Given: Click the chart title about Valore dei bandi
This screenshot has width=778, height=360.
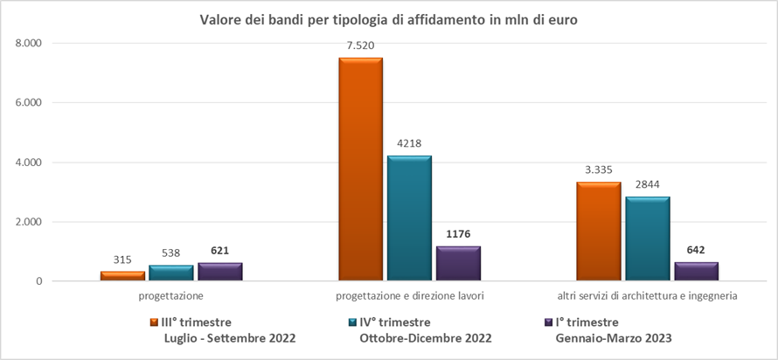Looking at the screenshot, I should pos(389,20).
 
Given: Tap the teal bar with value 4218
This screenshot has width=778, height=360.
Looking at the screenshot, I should pos(409,218).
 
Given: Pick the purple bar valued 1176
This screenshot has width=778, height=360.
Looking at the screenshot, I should pos(458,264).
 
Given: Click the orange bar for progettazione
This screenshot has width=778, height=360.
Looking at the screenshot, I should pos(122,276).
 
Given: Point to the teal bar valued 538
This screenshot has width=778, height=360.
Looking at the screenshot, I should pos(171,273).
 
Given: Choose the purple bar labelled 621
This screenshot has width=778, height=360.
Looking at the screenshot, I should pos(219,272).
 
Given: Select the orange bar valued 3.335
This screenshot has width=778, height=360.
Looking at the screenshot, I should pos(599,232).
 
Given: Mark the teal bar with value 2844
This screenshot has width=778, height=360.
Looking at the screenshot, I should pos(648,239).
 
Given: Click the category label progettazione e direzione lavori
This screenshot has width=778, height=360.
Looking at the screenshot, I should pos(409,296).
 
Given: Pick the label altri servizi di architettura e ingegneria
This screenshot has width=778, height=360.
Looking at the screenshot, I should pos(648,296).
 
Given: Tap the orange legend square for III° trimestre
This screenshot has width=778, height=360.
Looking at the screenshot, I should pos(154,322).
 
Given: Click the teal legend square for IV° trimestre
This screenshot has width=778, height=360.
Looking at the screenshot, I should pos(351,322).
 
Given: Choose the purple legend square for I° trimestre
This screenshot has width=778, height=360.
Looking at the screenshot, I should pos(547,322).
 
